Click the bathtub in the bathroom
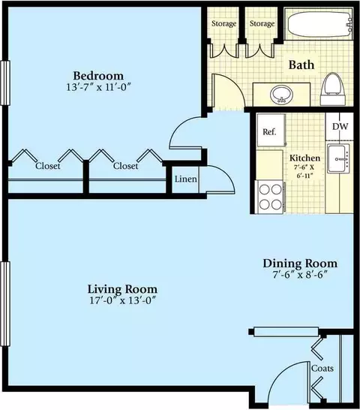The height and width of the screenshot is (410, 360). (x=319, y=24)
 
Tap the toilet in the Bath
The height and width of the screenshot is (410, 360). (x=332, y=89)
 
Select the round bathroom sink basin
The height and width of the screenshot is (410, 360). (x=282, y=95)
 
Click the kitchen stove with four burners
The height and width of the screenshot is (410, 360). (x=271, y=197)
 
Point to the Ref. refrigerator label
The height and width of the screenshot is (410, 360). (x=269, y=131)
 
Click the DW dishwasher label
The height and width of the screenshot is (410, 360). (x=340, y=127)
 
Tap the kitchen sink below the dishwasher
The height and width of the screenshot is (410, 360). (x=339, y=158)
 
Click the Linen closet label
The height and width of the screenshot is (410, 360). (x=185, y=179)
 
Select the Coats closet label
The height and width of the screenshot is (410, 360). (x=322, y=369)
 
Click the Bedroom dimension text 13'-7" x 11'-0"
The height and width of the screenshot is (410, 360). (x=98, y=87)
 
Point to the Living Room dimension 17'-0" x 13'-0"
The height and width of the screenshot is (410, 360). (x=122, y=300)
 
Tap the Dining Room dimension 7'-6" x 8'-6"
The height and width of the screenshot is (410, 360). (x=300, y=275)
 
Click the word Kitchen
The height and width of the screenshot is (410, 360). (x=305, y=158)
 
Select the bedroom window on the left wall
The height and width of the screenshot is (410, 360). (x=5, y=83)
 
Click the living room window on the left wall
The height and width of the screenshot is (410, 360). (x=5, y=303)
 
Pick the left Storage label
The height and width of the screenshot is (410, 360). (x=224, y=23)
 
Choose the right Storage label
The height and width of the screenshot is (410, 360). (x=262, y=23)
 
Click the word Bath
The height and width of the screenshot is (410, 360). (x=301, y=65)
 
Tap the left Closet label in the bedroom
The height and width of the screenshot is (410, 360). (x=48, y=166)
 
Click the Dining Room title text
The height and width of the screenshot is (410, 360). (x=300, y=264)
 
